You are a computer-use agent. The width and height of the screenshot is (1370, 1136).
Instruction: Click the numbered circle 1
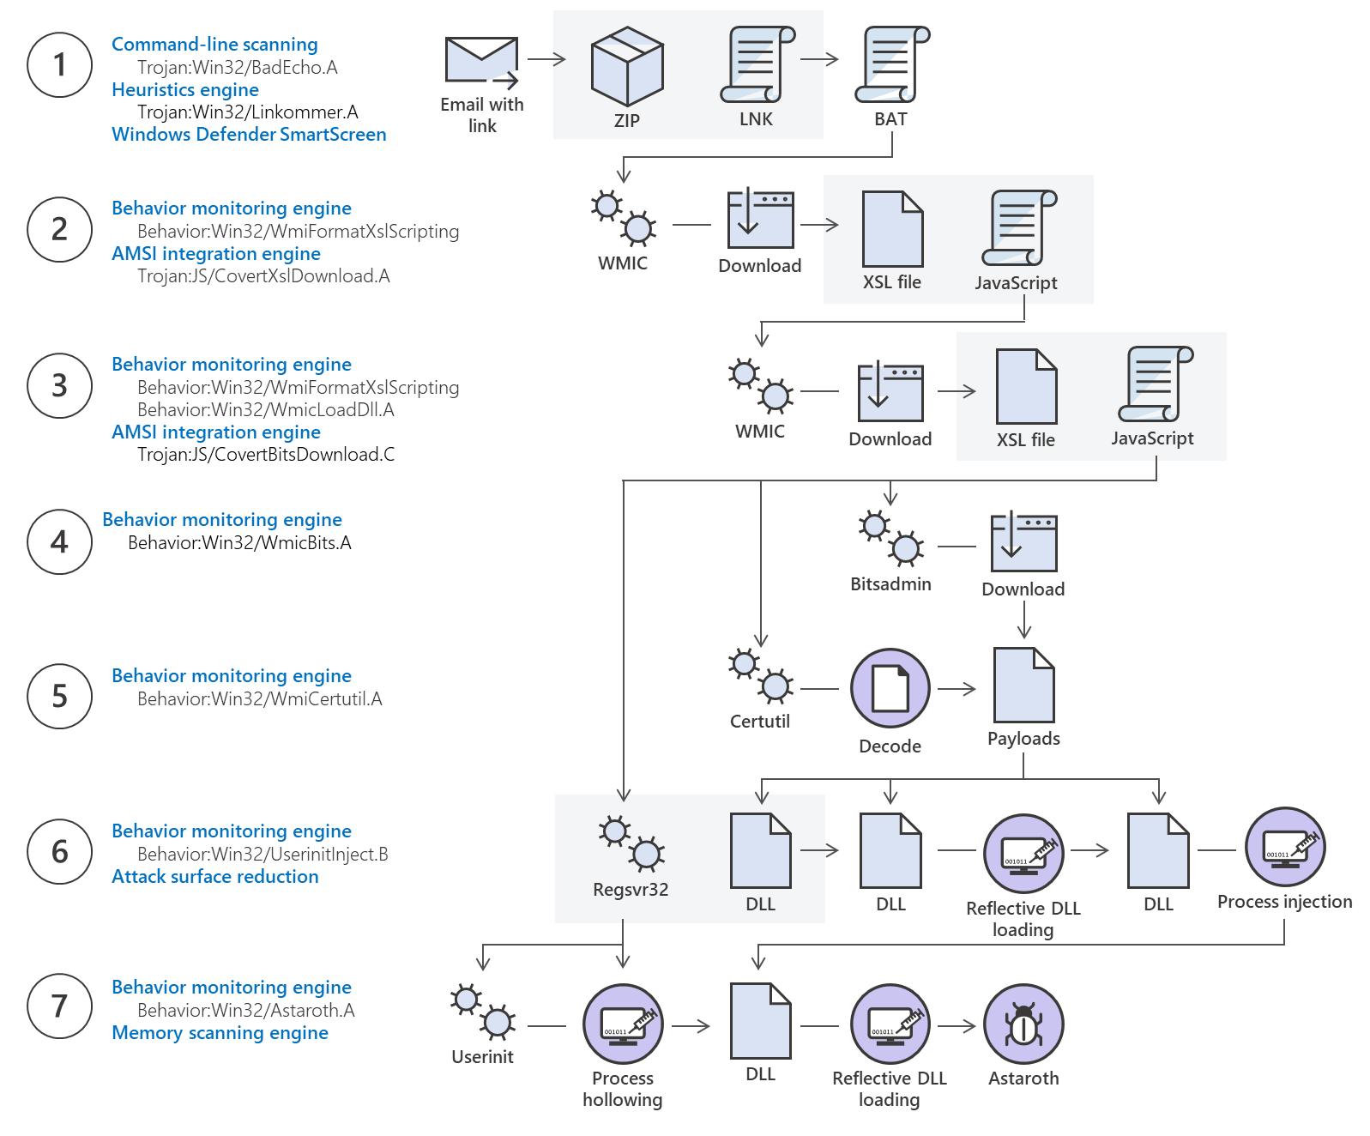59,65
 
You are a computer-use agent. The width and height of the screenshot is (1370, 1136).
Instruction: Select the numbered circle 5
59,696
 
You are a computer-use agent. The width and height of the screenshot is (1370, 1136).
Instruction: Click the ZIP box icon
627,66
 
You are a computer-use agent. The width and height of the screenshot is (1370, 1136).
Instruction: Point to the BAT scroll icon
891,65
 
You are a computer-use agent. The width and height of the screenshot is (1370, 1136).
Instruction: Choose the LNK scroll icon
757,65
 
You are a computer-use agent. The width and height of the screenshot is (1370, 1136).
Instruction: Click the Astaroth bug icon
1023,1024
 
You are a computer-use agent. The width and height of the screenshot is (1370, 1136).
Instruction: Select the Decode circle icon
890,688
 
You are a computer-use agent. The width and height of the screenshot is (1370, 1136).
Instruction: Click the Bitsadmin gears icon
890,538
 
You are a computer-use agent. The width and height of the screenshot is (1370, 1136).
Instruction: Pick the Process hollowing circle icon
623,1024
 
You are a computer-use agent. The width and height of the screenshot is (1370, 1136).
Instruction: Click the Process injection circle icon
1284,847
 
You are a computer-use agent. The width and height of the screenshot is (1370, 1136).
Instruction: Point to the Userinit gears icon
482,1012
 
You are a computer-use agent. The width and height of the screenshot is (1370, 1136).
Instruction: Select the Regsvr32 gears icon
631,843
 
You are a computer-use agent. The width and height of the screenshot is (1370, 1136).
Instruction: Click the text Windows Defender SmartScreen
249,135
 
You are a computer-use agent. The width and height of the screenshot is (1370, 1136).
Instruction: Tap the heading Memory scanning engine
220,1033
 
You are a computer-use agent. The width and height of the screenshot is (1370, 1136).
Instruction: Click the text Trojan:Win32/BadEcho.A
237,68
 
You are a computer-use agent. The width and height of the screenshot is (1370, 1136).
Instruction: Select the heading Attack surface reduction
214,877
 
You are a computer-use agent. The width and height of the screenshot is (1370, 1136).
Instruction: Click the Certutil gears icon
760,675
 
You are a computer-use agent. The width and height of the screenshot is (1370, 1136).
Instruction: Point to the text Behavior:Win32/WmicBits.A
239,543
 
